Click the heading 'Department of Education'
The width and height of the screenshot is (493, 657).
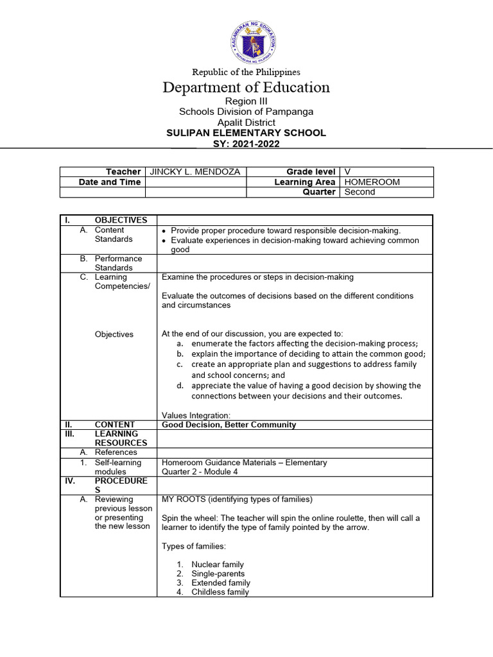click(x=246, y=87)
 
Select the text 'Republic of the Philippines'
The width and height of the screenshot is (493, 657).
click(x=246, y=72)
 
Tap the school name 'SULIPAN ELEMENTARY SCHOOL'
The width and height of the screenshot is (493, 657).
click(x=246, y=133)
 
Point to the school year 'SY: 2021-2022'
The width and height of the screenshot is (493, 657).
click(x=246, y=144)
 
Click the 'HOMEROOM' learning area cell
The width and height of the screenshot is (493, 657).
click(x=372, y=182)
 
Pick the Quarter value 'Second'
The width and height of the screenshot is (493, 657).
click(x=359, y=192)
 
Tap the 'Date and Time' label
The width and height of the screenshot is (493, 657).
click(x=109, y=182)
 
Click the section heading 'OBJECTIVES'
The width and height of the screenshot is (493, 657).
click(x=121, y=220)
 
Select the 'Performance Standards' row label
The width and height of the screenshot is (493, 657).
click(x=114, y=263)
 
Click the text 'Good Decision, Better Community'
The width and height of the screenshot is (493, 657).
click(x=229, y=424)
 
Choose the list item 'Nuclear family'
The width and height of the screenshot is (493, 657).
click(x=218, y=565)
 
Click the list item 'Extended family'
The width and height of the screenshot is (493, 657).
click(x=220, y=583)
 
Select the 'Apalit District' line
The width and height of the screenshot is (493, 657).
click(x=246, y=122)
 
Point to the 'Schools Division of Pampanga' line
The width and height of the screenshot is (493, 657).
click(x=246, y=112)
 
